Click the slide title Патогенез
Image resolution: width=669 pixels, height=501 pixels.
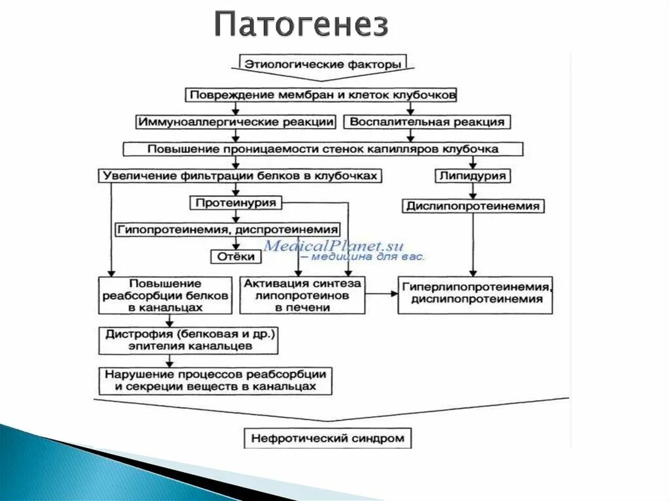click(x=301, y=25)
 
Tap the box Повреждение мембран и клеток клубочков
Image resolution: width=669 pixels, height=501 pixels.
click(x=323, y=95)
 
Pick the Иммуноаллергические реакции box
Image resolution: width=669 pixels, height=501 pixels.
click(x=236, y=122)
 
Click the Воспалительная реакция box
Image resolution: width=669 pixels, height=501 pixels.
click(x=427, y=122)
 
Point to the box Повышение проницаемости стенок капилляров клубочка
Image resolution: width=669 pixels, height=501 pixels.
click(x=323, y=149)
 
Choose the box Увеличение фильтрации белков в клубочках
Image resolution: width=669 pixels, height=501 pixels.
click(x=240, y=176)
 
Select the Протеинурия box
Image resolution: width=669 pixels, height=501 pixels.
click(x=236, y=203)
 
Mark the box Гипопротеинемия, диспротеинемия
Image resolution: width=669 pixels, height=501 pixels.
click(x=228, y=230)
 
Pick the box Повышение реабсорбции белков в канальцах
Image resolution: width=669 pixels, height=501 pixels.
click(x=165, y=295)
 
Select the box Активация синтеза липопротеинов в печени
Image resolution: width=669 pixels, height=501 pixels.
click(x=302, y=295)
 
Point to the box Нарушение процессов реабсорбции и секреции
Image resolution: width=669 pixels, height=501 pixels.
click(x=215, y=381)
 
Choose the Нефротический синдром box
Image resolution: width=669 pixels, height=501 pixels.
click(x=328, y=438)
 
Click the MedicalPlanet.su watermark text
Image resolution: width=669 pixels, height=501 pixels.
click(x=334, y=246)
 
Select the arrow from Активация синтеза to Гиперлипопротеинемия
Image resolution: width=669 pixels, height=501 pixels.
click(x=382, y=295)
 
